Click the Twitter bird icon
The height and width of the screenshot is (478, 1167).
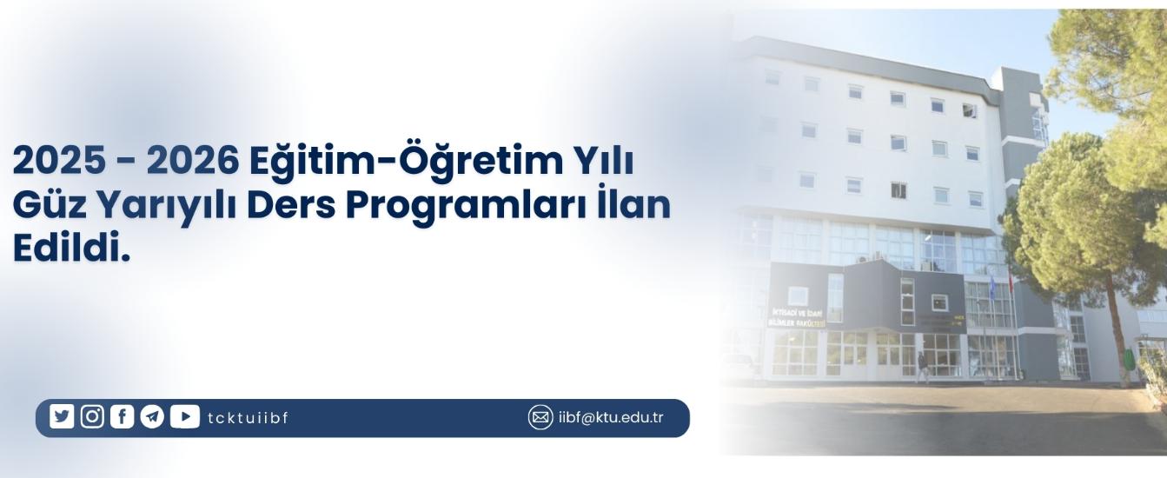coord(62,416)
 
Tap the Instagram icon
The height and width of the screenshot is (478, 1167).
coord(92,416)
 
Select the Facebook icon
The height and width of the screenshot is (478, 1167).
coord(122,416)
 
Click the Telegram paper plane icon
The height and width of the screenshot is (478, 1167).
coord(152,417)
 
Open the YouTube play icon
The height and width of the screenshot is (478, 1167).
coord(184,416)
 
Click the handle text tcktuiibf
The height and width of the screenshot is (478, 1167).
coord(248,418)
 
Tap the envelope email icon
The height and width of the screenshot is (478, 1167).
coord(540,417)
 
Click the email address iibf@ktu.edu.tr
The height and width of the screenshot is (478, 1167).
coord(611,417)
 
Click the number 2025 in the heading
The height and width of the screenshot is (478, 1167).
coord(59,162)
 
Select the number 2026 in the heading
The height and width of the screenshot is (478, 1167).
coord(192,162)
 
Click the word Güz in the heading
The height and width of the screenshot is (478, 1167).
coord(50,205)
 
